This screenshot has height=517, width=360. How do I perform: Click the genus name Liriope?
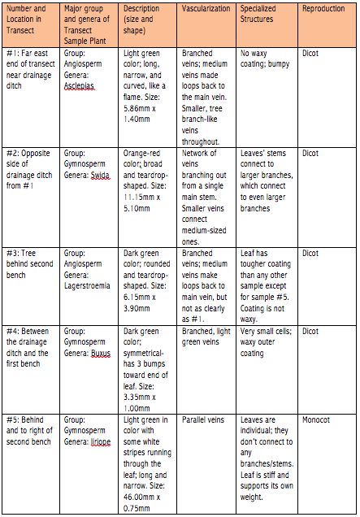click(102, 439)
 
